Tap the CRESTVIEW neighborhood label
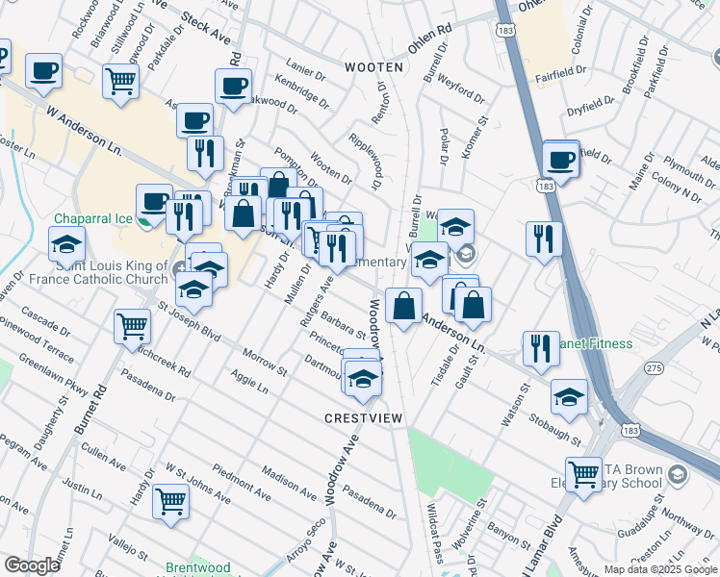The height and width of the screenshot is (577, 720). coord(363,418)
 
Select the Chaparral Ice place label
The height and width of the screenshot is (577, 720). coord(92,218)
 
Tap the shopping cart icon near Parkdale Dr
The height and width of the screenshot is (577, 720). coord(121,81)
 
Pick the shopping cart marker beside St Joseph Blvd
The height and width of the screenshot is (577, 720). coord(132,325)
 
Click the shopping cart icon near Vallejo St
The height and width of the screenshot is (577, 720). coord(170,499)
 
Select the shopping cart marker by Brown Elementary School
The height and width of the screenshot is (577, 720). coord(583,472)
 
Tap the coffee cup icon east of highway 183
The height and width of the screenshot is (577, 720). coord(560,158)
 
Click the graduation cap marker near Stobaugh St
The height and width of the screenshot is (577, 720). coord(569,395)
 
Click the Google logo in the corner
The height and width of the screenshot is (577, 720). coord(32,565)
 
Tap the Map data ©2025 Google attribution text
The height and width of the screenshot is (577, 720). coord(659,569)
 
